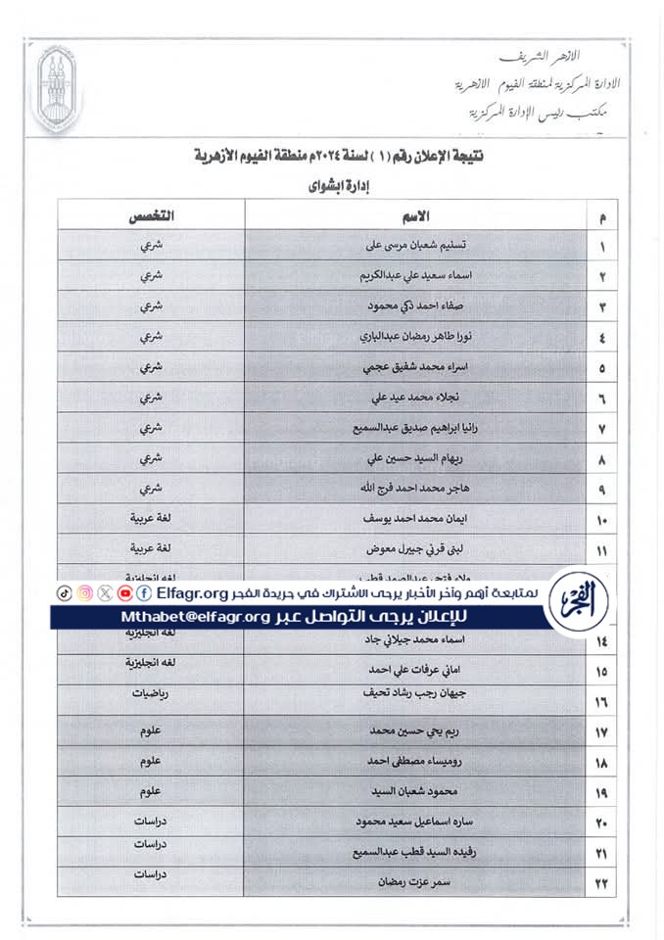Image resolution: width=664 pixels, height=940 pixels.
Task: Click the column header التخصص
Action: coord(151,214)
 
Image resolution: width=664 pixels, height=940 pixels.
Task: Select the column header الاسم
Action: coord(416,214)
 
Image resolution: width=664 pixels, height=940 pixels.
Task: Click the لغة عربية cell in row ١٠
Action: coord(151,516)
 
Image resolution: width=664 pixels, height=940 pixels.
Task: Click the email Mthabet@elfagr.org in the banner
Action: coord(196,617)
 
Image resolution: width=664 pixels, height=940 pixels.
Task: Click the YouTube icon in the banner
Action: coord(125,593)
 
